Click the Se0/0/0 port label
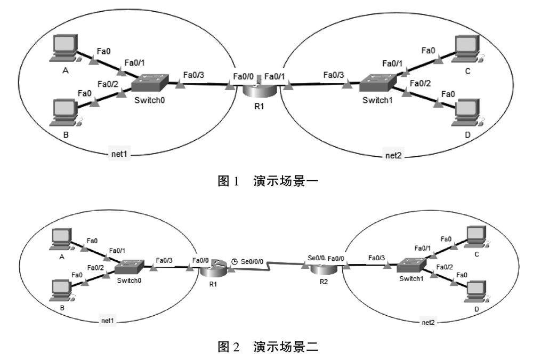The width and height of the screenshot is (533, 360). click(x=252, y=262)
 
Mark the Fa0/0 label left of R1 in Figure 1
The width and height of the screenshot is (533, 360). click(x=243, y=76)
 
